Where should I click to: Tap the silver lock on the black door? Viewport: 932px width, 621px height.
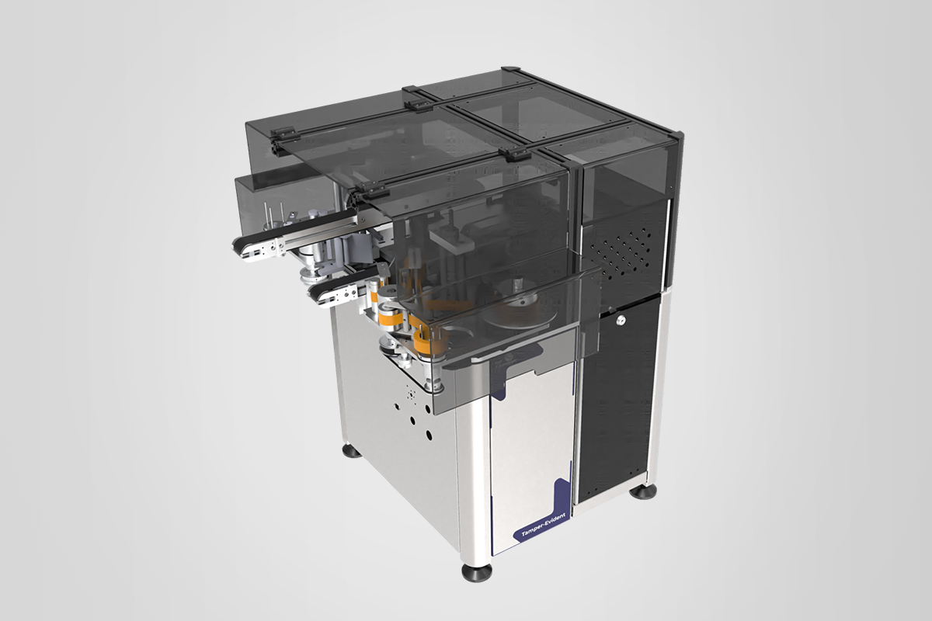pyautogui.click(x=621, y=320)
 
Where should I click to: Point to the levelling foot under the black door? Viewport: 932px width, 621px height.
pyautogui.click(x=643, y=491)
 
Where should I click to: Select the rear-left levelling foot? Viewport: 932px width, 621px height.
pyautogui.click(x=352, y=451)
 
